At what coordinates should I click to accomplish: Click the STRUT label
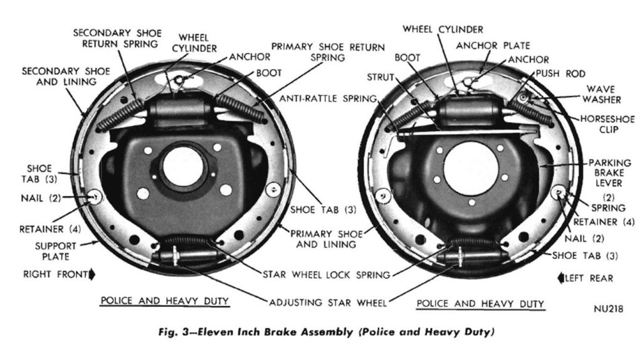(381, 77)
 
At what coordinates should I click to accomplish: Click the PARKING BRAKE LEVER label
(605, 173)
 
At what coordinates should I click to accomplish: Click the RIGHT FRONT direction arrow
(93, 274)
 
